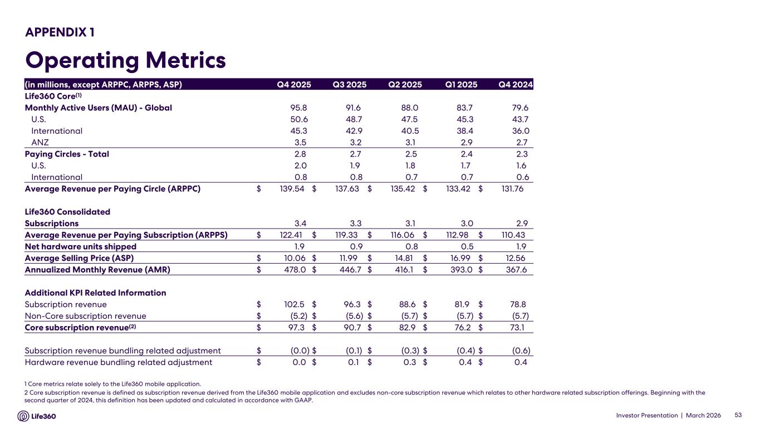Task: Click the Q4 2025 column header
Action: point(294,85)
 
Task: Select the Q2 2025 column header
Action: point(405,85)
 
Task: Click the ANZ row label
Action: point(41,143)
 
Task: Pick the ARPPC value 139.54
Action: point(290,189)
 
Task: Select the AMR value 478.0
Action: point(291,270)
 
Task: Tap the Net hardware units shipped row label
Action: point(81,246)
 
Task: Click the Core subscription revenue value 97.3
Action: point(293,328)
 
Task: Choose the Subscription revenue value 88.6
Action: point(404,305)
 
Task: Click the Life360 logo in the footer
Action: point(37,416)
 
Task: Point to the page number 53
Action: point(739,415)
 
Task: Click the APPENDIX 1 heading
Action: point(60,32)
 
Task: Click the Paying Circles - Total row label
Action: point(67,154)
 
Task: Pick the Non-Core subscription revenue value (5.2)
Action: point(295,316)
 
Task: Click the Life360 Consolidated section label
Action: point(67,212)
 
